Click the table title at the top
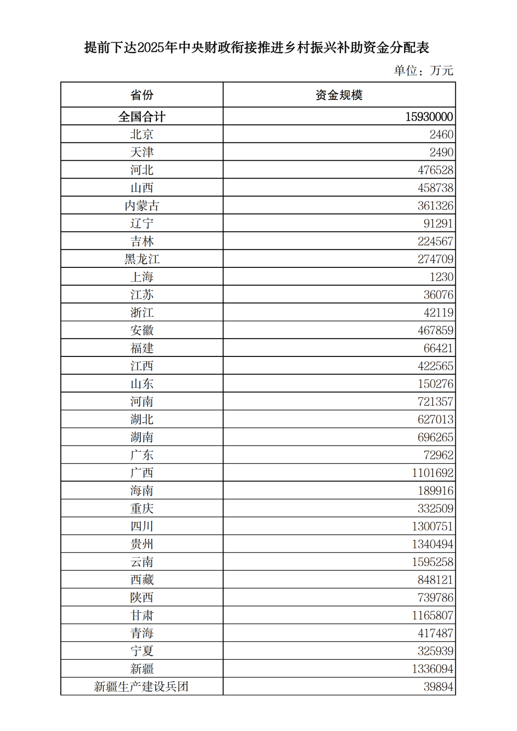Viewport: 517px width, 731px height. click(x=257, y=47)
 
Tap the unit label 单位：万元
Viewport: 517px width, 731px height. click(x=423, y=70)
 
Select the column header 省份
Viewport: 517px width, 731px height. click(x=142, y=95)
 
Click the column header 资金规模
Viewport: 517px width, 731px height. click(x=339, y=95)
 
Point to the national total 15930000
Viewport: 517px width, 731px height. click(x=429, y=117)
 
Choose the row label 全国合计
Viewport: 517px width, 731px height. click(x=142, y=117)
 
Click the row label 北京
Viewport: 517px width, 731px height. click(x=142, y=134)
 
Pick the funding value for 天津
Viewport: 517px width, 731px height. click(x=441, y=152)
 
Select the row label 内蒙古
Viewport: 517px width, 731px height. click(x=142, y=206)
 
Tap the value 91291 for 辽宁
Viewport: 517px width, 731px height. click(x=438, y=223)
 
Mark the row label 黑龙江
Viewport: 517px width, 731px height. click(x=142, y=259)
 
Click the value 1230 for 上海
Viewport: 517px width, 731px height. click(x=441, y=277)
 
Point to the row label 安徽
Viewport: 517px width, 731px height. click(x=142, y=330)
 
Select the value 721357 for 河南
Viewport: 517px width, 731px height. click(x=435, y=401)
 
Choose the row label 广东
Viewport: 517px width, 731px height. click(x=142, y=455)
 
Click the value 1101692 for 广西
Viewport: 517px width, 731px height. click(x=432, y=473)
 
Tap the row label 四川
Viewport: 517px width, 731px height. click(x=142, y=526)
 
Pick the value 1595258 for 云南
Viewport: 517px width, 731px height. click(x=432, y=562)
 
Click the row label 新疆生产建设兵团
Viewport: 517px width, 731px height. click(x=141, y=687)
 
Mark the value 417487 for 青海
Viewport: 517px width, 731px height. click(x=435, y=633)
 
